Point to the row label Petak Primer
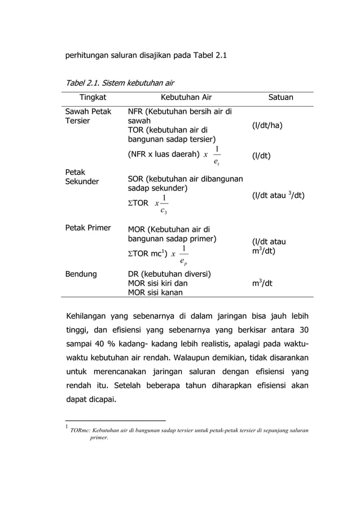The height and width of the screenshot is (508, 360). click(88, 229)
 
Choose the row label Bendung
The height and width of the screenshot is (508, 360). click(81, 274)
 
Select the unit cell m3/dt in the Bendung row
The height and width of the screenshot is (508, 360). click(262, 283)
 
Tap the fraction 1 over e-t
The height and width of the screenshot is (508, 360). click(216, 156)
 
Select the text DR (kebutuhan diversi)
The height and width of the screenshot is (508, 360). click(170, 274)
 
